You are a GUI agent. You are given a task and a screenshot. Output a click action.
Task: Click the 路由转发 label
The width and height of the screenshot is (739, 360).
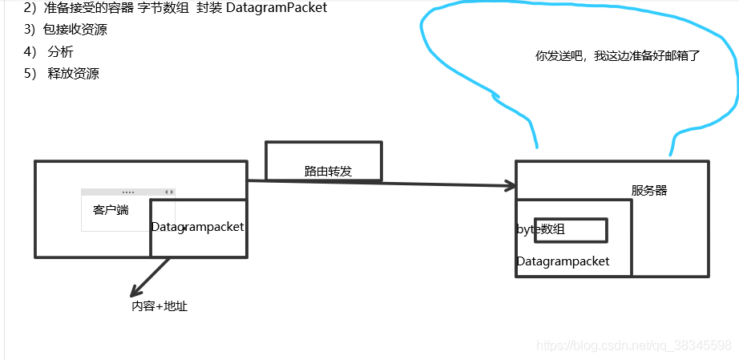pyautogui.click(x=329, y=172)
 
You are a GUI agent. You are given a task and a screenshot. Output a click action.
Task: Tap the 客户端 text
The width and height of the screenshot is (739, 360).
pyautogui.click(x=111, y=211)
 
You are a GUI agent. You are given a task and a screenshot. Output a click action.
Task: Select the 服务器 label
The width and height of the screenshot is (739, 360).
pyautogui.click(x=649, y=191)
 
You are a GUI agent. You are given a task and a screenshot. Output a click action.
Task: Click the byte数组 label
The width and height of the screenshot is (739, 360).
pyautogui.click(x=541, y=229)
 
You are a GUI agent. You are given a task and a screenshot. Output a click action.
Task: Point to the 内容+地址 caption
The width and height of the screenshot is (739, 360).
pyautogui.click(x=160, y=306)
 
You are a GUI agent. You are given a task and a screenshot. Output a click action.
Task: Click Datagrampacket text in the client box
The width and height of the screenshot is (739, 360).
pyautogui.click(x=197, y=227)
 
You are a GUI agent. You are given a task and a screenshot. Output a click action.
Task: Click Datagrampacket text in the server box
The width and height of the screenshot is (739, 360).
pyautogui.click(x=563, y=261)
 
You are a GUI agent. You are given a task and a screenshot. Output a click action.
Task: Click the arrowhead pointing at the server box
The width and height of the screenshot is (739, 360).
pyautogui.click(x=508, y=186)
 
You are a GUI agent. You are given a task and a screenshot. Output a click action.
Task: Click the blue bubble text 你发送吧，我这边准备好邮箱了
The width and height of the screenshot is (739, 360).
pyautogui.click(x=618, y=56)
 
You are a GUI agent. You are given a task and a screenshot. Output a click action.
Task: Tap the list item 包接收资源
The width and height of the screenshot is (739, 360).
pyautogui.click(x=75, y=30)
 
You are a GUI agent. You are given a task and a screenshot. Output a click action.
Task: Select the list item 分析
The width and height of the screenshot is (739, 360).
pyautogui.click(x=61, y=52)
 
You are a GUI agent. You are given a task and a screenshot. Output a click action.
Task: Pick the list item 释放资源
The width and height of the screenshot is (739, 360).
pyautogui.click(x=73, y=74)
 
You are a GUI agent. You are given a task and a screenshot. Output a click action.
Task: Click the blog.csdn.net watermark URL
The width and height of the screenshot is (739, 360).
pyautogui.click(x=633, y=346)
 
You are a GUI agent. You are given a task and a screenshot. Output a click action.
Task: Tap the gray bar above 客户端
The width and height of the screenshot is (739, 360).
pyautogui.click(x=127, y=192)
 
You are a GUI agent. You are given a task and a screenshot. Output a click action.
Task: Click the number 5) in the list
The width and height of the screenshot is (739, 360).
pyautogui.click(x=30, y=74)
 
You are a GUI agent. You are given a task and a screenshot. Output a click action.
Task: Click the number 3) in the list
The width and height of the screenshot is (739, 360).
pyautogui.click(x=30, y=30)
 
